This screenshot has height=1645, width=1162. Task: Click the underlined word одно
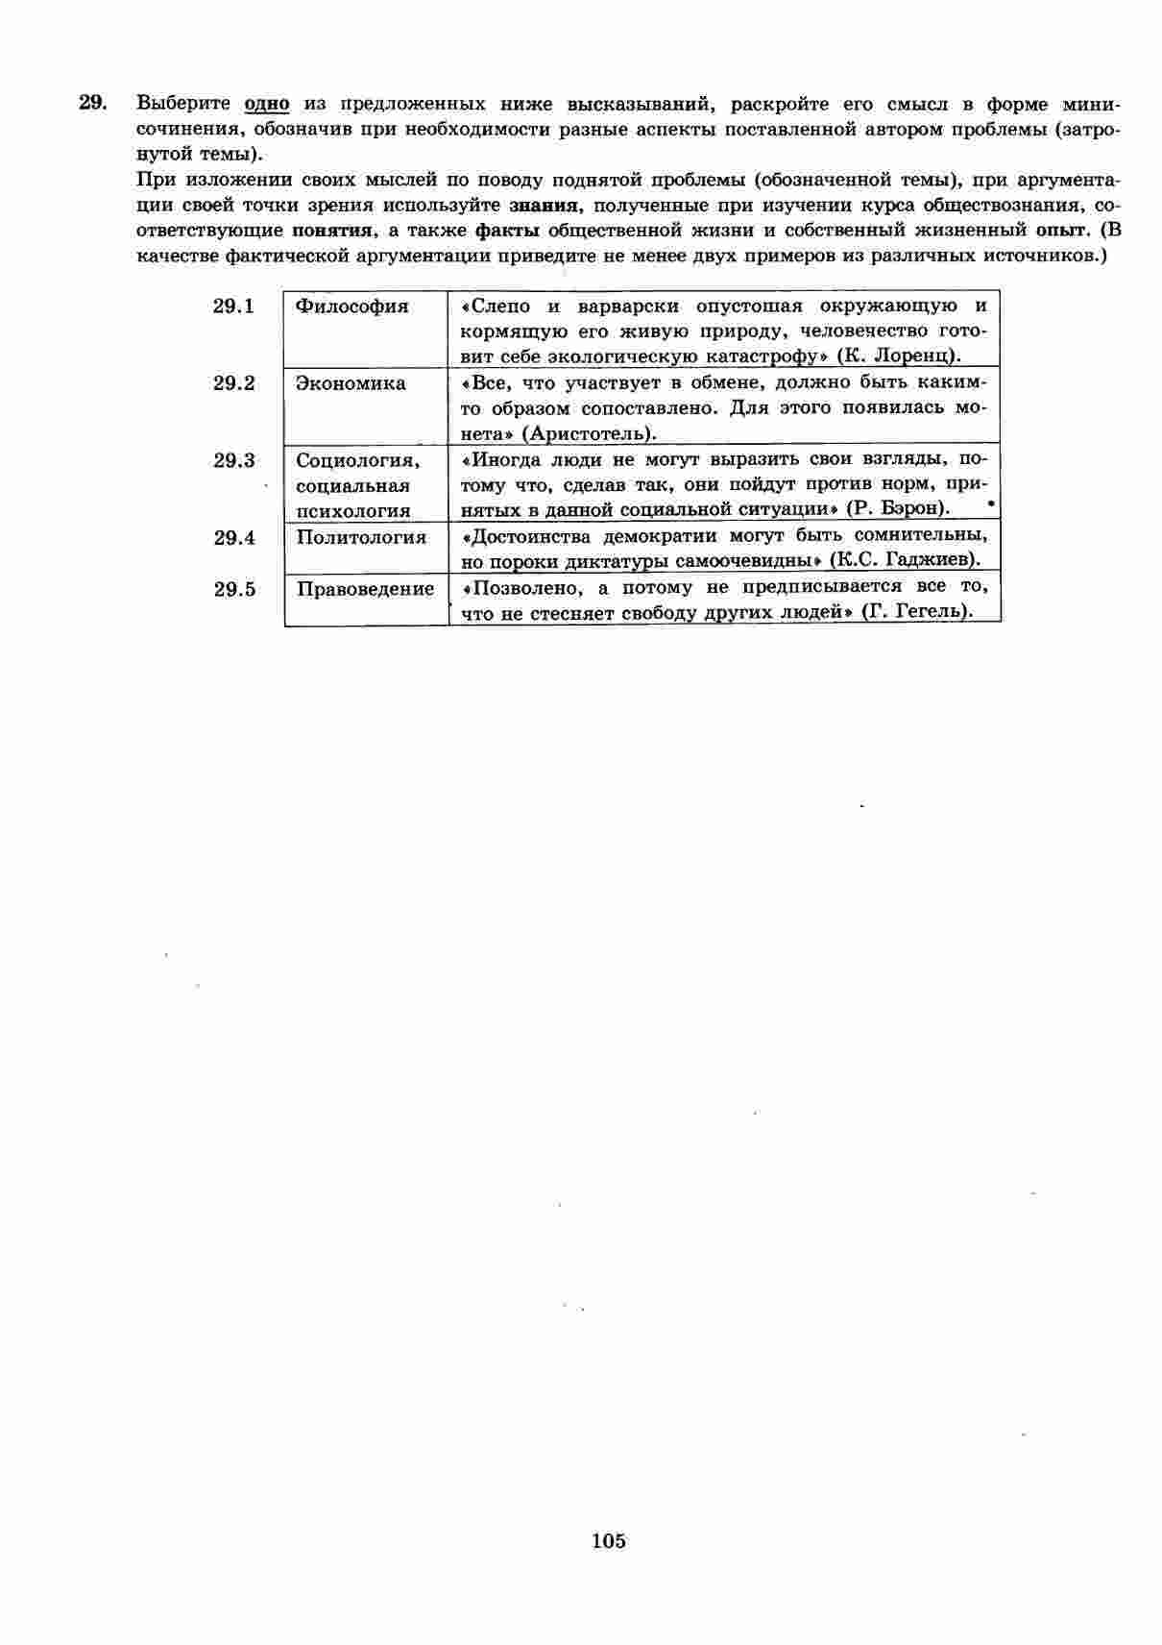tap(267, 104)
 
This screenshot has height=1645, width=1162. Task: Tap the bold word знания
tap(544, 206)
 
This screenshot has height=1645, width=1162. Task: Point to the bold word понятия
tap(332, 231)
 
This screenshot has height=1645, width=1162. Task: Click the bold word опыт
tap(1062, 231)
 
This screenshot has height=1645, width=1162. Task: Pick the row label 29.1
tap(234, 307)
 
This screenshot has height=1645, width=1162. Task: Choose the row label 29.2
tap(234, 383)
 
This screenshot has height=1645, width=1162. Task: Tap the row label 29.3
tap(234, 460)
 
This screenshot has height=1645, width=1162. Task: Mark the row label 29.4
tap(234, 538)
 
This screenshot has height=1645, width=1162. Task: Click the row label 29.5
tap(234, 589)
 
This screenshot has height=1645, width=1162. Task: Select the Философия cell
tap(352, 307)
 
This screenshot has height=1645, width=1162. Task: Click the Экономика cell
tap(351, 383)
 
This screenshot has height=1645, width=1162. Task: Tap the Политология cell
tap(361, 537)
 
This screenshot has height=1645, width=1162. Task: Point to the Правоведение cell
tap(365, 589)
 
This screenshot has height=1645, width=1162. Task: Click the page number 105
tap(609, 1541)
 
